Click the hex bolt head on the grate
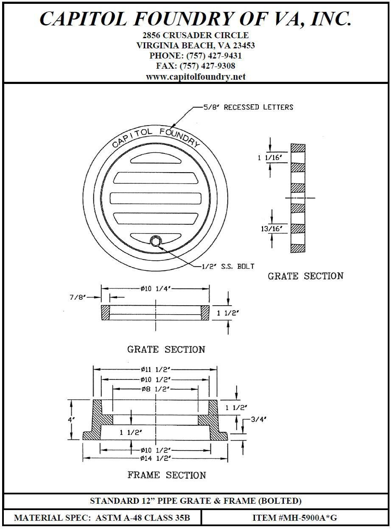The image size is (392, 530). pyautogui.click(x=155, y=241)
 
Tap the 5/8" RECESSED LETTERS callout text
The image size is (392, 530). pyautogui.click(x=248, y=107)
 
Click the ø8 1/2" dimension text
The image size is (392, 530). pyautogui.click(x=155, y=388)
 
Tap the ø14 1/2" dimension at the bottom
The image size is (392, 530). pyautogui.click(x=155, y=458)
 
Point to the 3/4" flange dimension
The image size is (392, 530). pyautogui.click(x=258, y=419)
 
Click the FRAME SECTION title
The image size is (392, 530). pyautogui.click(x=167, y=475)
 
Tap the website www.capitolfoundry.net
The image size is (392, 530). pyautogui.click(x=196, y=77)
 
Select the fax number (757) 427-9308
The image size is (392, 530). pyautogui.click(x=207, y=66)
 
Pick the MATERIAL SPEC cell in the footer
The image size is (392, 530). pyautogui.click(x=102, y=517)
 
